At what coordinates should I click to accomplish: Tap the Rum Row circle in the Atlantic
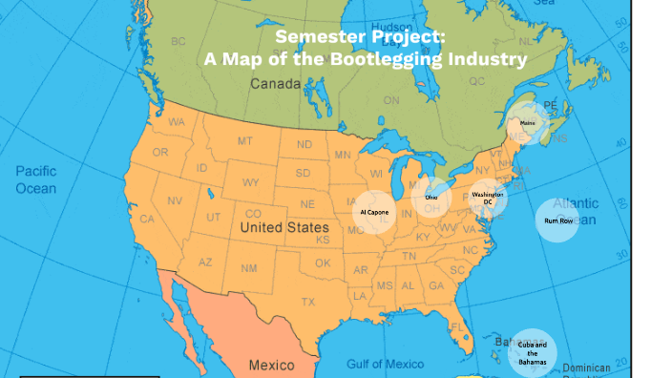(556, 220)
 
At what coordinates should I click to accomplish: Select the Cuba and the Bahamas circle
(532, 349)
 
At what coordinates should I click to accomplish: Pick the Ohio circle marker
(432, 197)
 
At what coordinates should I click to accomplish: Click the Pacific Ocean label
(35, 179)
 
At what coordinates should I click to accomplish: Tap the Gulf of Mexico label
(385, 364)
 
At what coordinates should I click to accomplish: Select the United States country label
(283, 228)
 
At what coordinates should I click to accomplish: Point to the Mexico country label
(271, 365)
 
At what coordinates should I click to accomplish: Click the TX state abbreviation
(307, 302)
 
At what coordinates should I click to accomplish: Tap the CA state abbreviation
(147, 219)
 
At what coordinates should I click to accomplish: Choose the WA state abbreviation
(177, 123)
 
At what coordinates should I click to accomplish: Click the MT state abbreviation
(244, 141)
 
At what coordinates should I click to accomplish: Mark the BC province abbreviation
(178, 42)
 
